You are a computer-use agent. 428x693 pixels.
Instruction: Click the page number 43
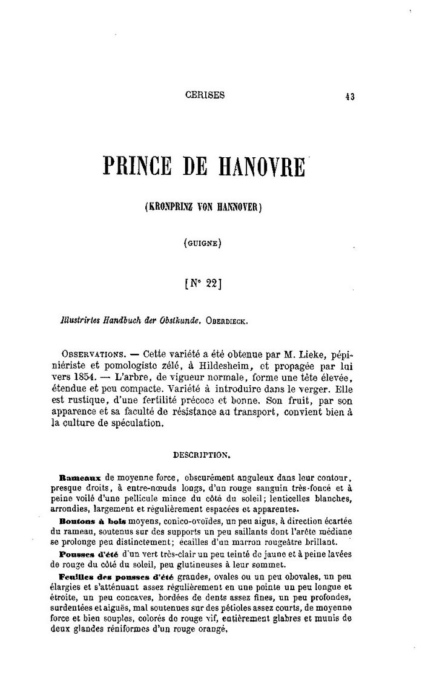pyautogui.click(x=349, y=96)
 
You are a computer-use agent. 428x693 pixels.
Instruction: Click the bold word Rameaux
pyautogui.click(x=81, y=477)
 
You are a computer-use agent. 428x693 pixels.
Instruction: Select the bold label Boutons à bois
pyautogui.click(x=86, y=521)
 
